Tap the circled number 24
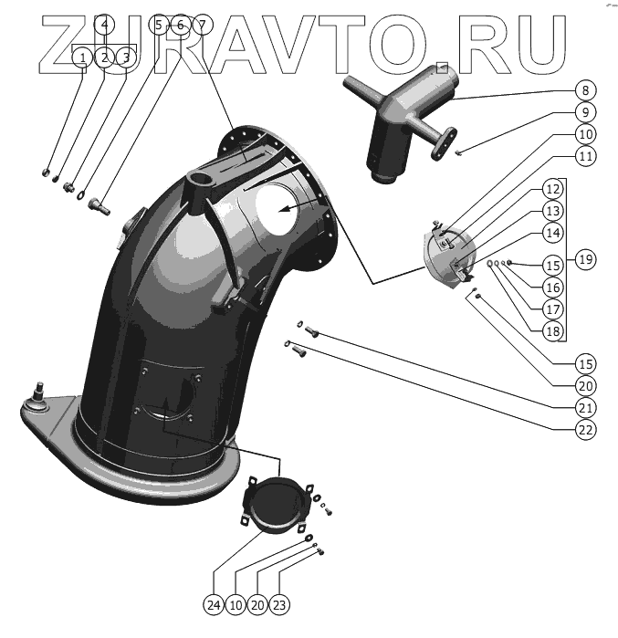pos(215,604)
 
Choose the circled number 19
pos(585,259)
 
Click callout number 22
pos(585,429)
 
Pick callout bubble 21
pos(585,407)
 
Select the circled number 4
pos(105,25)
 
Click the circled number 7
pos(202,25)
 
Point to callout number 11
pos(585,156)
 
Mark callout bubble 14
pos(553,233)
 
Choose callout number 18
pos(553,329)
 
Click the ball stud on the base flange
pos(39,394)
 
